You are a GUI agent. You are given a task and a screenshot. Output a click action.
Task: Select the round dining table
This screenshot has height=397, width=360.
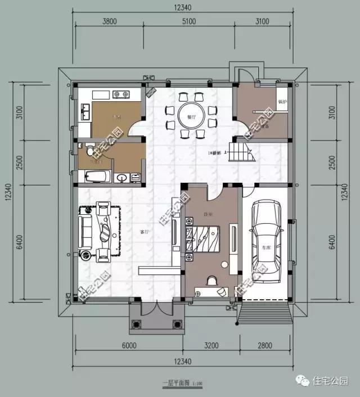click(189, 116)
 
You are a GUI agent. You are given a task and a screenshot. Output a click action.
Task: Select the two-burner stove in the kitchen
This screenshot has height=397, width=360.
click(120, 94)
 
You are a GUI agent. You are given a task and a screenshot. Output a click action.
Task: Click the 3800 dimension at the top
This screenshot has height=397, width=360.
click(110, 22)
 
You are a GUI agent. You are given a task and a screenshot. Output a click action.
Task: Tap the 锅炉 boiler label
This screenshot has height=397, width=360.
click(282, 102)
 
